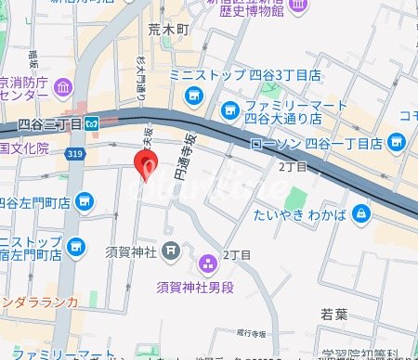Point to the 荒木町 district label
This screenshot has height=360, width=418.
pos(168,30)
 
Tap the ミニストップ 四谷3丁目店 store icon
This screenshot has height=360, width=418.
pos(194,95)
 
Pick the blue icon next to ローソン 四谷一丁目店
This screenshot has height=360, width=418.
pos(397,142)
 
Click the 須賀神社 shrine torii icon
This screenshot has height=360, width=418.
pos(170,249)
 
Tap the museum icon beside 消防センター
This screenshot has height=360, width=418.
pos(64,88)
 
